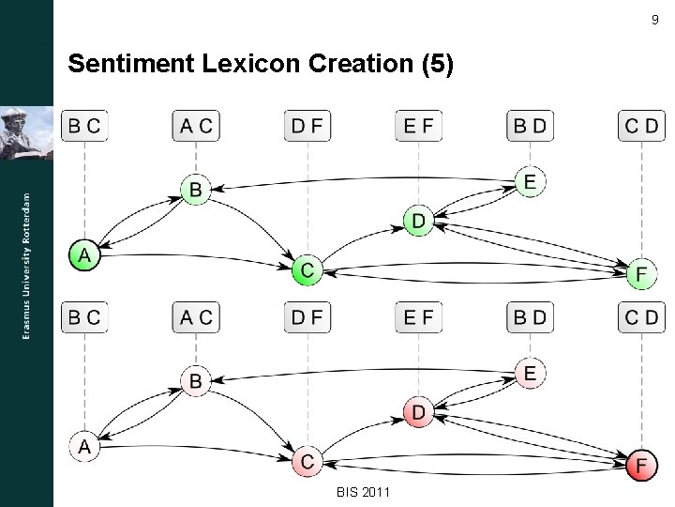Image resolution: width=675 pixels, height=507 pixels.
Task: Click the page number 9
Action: click(653, 21)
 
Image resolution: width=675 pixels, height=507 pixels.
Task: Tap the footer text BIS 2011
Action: click(363, 493)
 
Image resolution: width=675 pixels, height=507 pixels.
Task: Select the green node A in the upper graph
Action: click(84, 254)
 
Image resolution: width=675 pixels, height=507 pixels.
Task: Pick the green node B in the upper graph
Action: click(195, 190)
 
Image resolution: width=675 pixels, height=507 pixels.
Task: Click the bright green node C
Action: click(307, 270)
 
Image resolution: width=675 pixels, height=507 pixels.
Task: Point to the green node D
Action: click(418, 222)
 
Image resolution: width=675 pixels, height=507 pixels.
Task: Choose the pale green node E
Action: click(530, 182)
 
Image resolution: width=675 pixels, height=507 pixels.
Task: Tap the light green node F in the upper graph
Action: click(641, 274)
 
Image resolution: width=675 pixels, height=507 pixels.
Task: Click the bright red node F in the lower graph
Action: click(641, 465)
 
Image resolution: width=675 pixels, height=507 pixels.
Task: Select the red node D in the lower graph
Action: click(418, 412)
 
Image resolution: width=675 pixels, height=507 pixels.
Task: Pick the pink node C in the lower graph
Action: click(307, 461)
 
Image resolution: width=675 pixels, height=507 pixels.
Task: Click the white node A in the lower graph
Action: click(84, 446)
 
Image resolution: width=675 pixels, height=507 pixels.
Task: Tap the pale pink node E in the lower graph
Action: click(530, 374)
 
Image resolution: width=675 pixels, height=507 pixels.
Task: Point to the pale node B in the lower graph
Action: click(195, 380)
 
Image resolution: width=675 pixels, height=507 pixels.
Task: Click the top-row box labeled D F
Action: click(307, 126)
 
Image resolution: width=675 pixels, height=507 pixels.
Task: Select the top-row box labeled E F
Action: click(418, 126)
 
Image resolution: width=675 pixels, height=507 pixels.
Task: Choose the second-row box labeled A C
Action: click(196, 317)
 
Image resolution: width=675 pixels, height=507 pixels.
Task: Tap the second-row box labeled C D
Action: click(641, 317)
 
